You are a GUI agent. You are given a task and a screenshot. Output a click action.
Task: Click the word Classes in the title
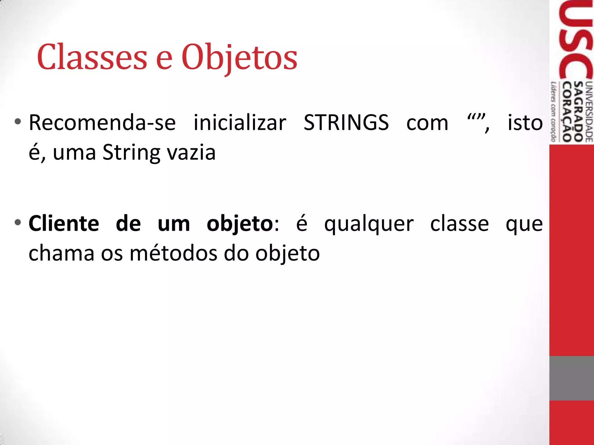coord(92,57)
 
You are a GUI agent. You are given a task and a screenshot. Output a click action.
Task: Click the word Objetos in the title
coord(239,57)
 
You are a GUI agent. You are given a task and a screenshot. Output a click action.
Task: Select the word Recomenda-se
coord(102,123)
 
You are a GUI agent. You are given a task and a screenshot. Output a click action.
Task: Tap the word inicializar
coord(240,123)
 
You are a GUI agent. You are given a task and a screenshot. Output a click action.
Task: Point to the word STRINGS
coord(346,123)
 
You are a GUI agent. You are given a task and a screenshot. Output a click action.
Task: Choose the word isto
coord(525,123)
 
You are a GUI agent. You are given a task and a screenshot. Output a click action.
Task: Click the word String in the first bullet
coord(131,153)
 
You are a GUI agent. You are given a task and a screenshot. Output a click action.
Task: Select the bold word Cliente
coord(64,224)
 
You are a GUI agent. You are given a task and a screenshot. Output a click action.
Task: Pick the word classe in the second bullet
coord(459,224)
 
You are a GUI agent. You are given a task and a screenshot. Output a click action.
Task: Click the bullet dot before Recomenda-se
coord(18,122)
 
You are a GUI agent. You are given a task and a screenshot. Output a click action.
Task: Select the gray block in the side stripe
coord(571,378)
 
